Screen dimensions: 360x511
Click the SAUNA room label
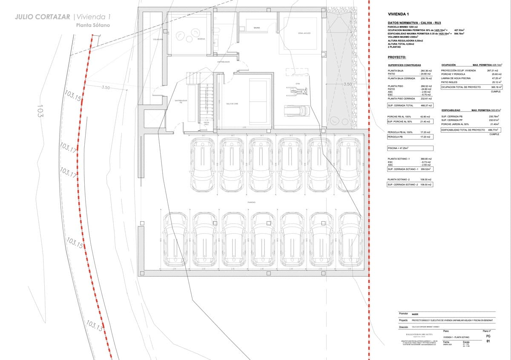pyautogui.click(x=257, y=28)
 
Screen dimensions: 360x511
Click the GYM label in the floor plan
pyautogui.click(x=298, y=84)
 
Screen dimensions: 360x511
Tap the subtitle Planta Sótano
pyautogui.click(x=93, y=25)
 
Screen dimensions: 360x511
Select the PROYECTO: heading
pyautogui.click(x=397, y=57)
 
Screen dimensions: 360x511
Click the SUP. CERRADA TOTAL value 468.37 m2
pyautogui.click(x=426, y=105)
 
